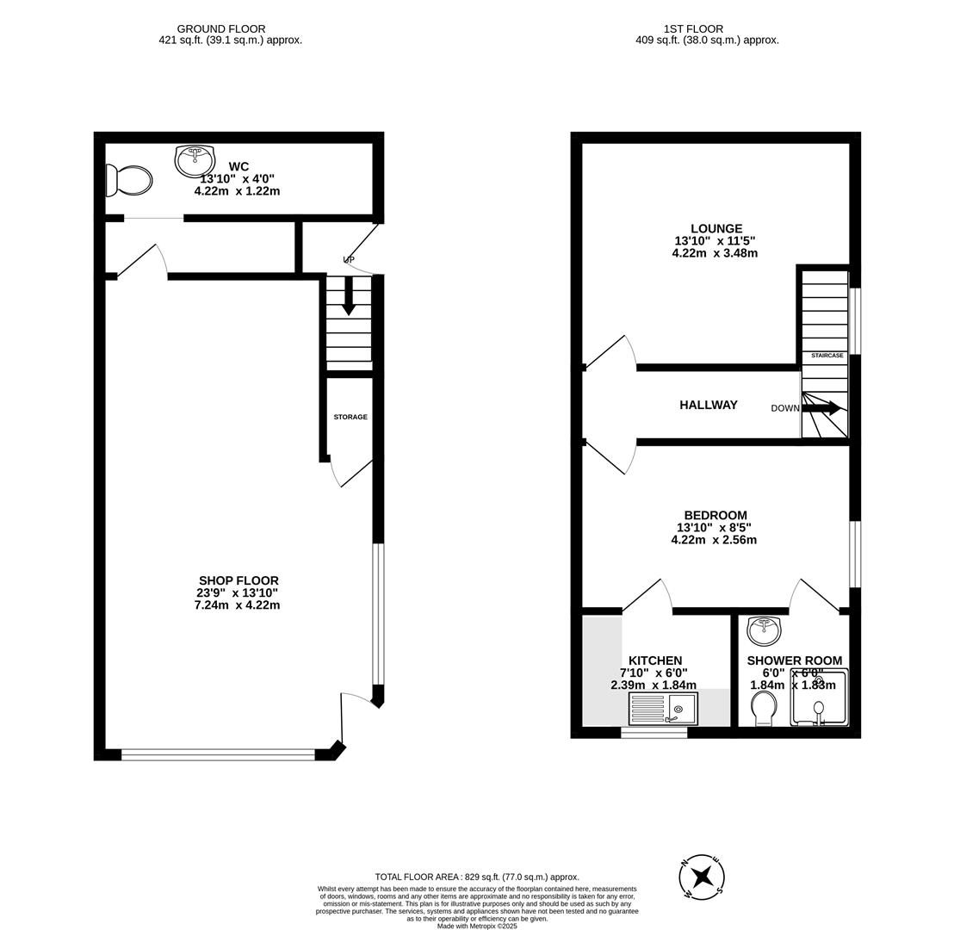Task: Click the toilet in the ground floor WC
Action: pyautogui.click(x=129, y=181)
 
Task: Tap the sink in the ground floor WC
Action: pyautogui.click(x=195, y=160)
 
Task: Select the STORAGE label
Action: pyautogui.click(x=350, y=417)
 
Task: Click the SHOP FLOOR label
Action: pyautogui.click(x=238, y=580)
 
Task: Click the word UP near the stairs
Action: pyautogui.click(x=349, y=259)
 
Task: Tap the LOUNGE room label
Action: pyautogui.click(x=715, y=229)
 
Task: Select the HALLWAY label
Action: pyautogui.click(x=708, y=405)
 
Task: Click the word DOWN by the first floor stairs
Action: pyautogui.click(x=784, y=408)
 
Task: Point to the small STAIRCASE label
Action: pyautogui.click(x=827, y=355)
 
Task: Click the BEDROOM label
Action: pyautogui.click(x=715, y=515)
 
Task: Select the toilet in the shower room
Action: pyautogui.click(x=764, y=710)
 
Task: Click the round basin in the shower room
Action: pyautogui.click(x=764, y=630)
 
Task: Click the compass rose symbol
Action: pyautogui.click(x=702, y=877)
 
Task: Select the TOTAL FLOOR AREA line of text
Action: pyautogui.click(x=477, y=877)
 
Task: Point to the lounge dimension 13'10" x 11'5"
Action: pyautogui.click(x=715, y=241)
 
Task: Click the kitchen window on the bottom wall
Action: pyautogui.click(x=654, y=733)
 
